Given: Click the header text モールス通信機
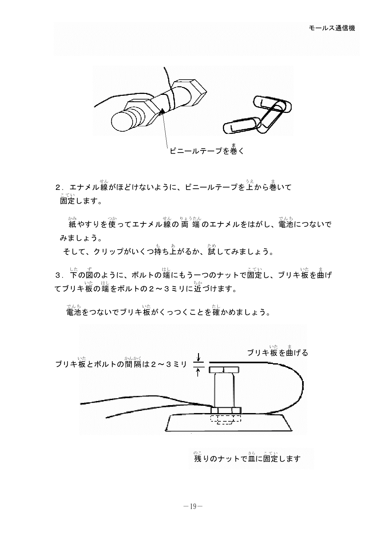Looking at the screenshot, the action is (332, 28).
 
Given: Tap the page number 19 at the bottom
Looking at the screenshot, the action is (193, 506).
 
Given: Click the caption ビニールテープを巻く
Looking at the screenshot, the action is (207, 151).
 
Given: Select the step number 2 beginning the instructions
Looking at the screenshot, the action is (58, 188).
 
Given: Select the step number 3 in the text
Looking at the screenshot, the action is (58, 275).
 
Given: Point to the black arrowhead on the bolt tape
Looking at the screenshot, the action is (162, 111).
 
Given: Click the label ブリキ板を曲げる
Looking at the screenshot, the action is (277, 353).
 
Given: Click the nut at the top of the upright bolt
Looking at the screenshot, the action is (224, 370).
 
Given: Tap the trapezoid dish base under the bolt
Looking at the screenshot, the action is (228, 423).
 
